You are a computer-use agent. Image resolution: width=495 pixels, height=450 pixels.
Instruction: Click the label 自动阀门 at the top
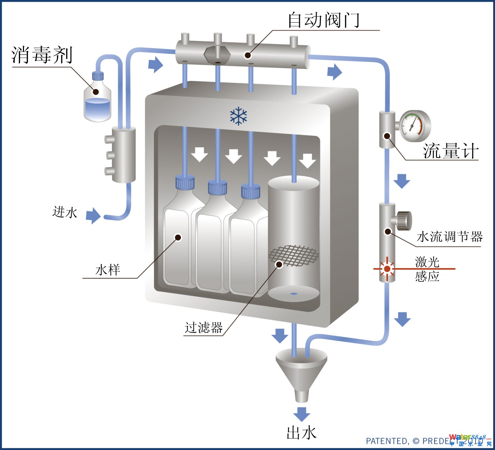(323, 20)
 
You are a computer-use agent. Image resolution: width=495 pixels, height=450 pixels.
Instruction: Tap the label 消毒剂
(42, 55)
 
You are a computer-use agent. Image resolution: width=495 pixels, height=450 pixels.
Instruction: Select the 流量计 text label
(451, 151)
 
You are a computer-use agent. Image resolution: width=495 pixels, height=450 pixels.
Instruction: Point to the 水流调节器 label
(450, 237)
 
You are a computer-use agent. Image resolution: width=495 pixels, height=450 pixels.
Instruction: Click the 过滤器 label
(203, 327)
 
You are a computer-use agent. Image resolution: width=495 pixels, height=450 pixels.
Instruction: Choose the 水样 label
(107, 270)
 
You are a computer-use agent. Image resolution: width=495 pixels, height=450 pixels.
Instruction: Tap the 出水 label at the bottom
(302, 432)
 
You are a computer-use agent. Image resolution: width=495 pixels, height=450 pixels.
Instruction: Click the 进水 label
(65, 212)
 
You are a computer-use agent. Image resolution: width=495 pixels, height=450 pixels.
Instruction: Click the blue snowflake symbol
(239, 116)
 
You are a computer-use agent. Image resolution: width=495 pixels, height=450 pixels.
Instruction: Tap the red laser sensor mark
(387, 269)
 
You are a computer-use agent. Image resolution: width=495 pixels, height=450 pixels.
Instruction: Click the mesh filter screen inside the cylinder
(294, 256)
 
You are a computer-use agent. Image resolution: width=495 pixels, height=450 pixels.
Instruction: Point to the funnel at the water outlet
(301, 373)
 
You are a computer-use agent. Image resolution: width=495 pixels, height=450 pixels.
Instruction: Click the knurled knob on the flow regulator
(404, 221)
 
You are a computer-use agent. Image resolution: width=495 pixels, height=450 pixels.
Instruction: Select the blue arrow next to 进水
(93, 215)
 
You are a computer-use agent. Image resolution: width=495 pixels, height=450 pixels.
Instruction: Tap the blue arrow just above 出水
(302, 414)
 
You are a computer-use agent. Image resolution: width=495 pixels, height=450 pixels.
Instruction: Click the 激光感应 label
(427, 269)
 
